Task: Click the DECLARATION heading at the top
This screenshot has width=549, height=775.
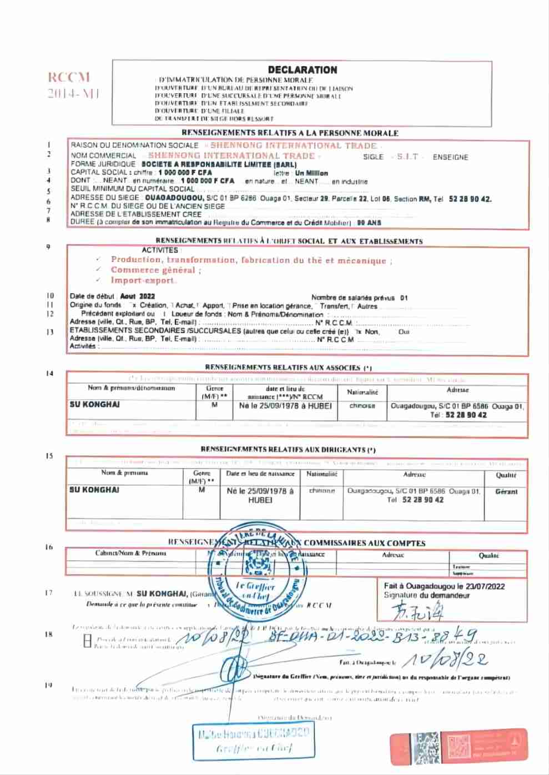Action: (302, 70)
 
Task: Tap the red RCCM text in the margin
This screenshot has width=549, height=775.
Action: (68, 78)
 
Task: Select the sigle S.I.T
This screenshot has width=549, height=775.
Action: (408, 157)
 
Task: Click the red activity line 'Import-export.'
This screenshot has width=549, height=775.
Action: (144, 280)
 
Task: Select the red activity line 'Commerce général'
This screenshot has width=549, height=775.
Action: (155, 270)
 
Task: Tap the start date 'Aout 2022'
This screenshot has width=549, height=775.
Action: (138, 296)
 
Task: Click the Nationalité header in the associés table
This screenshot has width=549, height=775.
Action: (362, 392)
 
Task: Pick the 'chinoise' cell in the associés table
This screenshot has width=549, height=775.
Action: (362, 406)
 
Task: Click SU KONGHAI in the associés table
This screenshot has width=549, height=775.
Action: (94, 405)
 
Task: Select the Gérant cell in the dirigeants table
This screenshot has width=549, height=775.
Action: (506, 492)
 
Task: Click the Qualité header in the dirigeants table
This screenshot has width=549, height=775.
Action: (506, 475)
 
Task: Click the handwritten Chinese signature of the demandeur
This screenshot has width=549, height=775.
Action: (417, 611)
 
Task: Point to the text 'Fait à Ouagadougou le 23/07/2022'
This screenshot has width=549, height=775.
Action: (444, 586)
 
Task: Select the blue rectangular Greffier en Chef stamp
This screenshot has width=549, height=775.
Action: (253, 741)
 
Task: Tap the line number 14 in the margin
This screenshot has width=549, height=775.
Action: (50, 374)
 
